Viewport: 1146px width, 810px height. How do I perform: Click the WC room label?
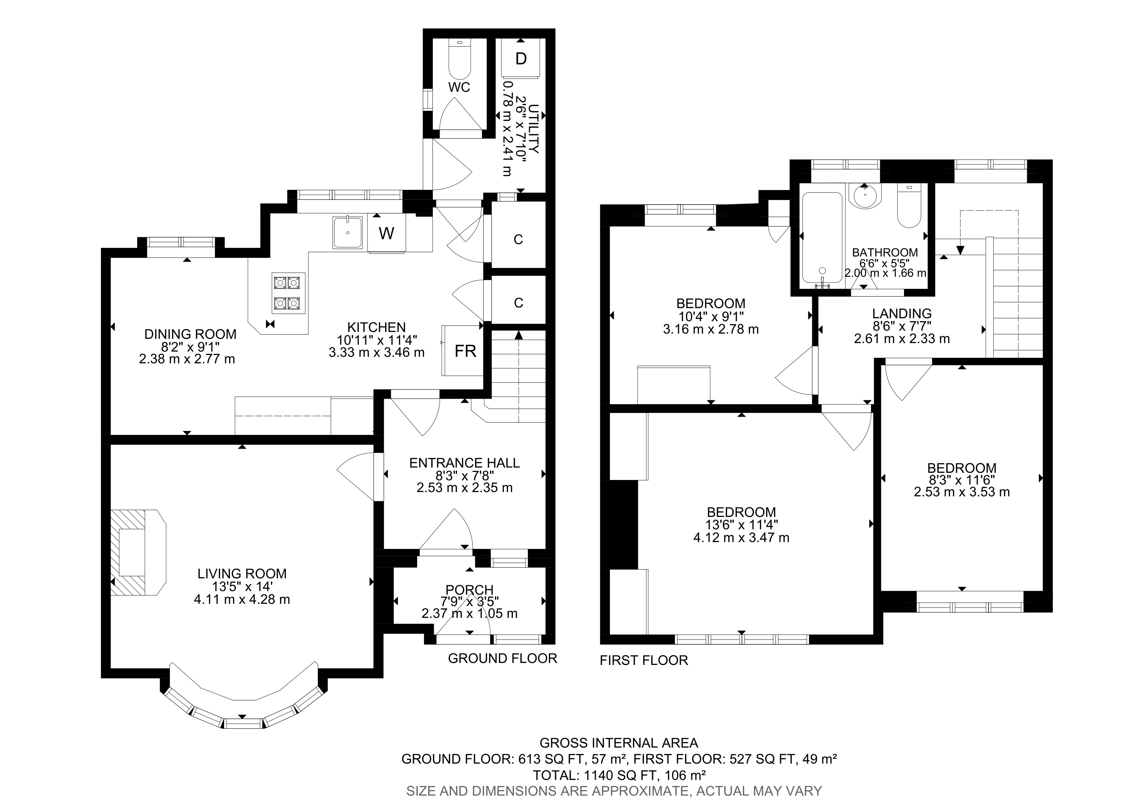click(x=459, y=87)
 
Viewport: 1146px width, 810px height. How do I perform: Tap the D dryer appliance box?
click(x=521, y=59)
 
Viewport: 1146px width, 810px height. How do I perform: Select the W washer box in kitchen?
click(x=386, y=233)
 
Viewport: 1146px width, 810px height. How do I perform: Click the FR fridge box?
click(x=465, y=351)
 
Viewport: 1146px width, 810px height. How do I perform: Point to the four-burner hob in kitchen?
click(x=288, y=293)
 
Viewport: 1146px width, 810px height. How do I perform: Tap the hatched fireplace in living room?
click(x=132, y=552)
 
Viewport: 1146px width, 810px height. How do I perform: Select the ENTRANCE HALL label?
click(x=464, y=463)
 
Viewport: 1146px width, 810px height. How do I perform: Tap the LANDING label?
click(x=901, y=313)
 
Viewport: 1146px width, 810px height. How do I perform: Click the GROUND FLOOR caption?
click(x=502, y=658)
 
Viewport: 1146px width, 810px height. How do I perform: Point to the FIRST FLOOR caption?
click(x=643, y=660)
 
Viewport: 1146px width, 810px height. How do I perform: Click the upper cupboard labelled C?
click(x=518, y=240)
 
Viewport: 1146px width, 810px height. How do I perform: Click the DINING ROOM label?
click(x=190, y=334)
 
